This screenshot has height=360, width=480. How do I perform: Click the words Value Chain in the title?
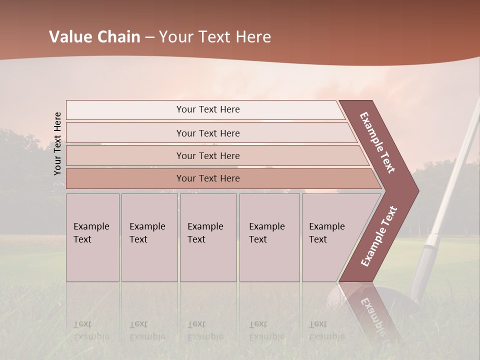click(94, 37)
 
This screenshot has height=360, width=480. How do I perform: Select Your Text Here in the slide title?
click(215, 37)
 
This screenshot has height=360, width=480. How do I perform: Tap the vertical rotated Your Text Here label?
click(57, 143)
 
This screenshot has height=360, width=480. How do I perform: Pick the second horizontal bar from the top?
click(208, 133)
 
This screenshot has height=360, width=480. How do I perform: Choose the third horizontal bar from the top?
click(208, 155)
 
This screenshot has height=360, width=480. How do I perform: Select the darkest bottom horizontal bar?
click(208, 178)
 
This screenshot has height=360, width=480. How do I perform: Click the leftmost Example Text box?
click(92, 237)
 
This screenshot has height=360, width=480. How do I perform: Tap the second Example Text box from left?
click(149, 237)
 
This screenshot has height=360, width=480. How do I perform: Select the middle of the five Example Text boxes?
click(208, 237)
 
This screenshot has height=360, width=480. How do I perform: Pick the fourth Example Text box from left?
click(269, 237)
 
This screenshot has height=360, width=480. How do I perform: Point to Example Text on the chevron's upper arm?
click(377, 142)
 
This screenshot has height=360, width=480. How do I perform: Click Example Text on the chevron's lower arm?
click(379, 236)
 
